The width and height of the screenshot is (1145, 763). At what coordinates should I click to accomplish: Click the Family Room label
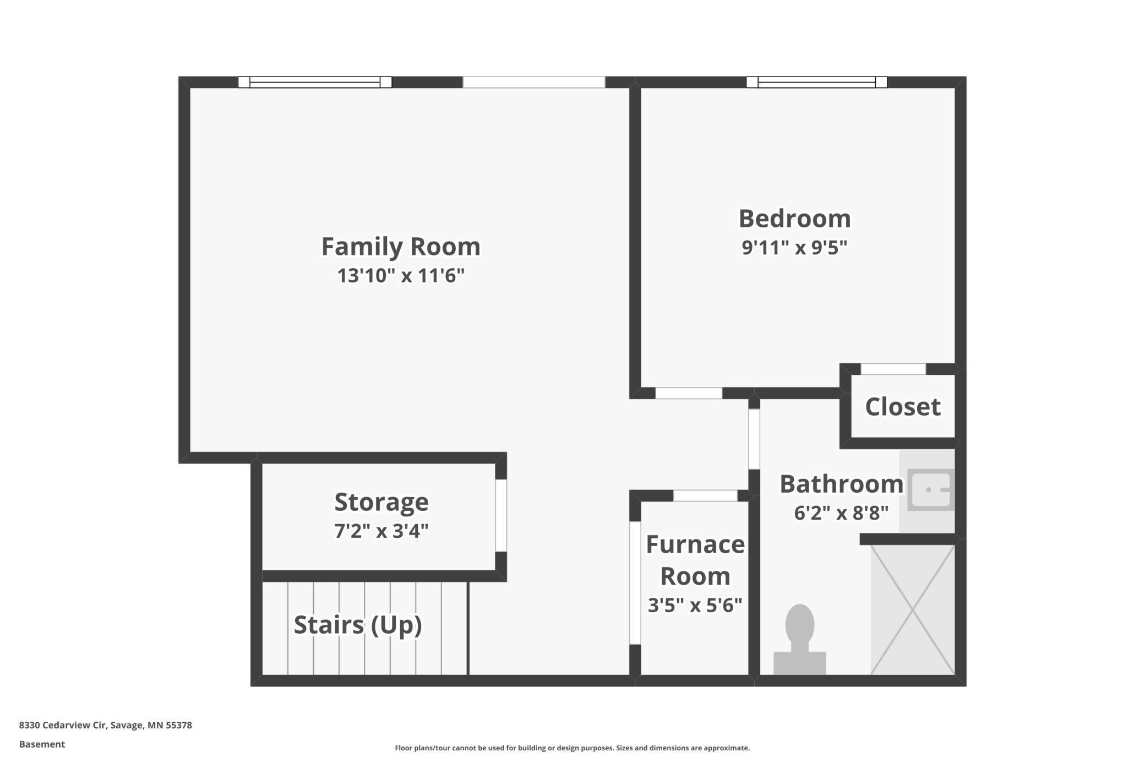click(x=401, y=246)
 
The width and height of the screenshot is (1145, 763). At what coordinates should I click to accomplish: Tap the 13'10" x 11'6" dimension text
click(x=401, y=275)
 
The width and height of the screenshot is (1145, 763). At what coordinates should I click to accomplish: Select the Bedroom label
click(x=794, y=219)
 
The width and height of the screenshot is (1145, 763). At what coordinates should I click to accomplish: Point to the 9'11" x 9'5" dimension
click(x=794, y=247)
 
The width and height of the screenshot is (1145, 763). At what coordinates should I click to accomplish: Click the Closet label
click(x=903, y=407)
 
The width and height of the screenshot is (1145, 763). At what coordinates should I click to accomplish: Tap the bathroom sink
click(x=930, y=489)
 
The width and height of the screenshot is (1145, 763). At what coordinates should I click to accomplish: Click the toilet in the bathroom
click(x=800, y=640)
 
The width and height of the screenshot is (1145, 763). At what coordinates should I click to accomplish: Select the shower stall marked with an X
click(x=912, y=610)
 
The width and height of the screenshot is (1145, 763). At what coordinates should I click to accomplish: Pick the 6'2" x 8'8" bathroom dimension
click(x=841, y=513)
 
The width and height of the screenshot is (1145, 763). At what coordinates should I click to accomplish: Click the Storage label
click(x=381, y=502)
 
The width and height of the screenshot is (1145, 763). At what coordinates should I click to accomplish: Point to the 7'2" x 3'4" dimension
click(x=381, y=531)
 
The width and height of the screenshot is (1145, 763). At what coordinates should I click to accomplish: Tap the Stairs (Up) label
click(x=358, y=625)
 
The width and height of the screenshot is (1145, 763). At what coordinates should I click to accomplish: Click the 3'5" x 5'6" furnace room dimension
click(x=695, y=606)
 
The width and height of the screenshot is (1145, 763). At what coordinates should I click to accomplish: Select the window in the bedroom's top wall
click(x=816, y=82)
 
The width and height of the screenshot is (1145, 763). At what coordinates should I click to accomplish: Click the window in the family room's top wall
click(x=315, y=82)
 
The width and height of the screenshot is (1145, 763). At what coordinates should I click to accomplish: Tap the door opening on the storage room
click(x=501, y=515)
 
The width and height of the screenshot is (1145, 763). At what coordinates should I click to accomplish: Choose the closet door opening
click(x=893, y=369)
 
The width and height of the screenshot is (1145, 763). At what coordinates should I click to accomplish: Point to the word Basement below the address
click(x=42, y=744)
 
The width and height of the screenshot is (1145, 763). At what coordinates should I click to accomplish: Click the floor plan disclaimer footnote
click(x=572, y=748)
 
